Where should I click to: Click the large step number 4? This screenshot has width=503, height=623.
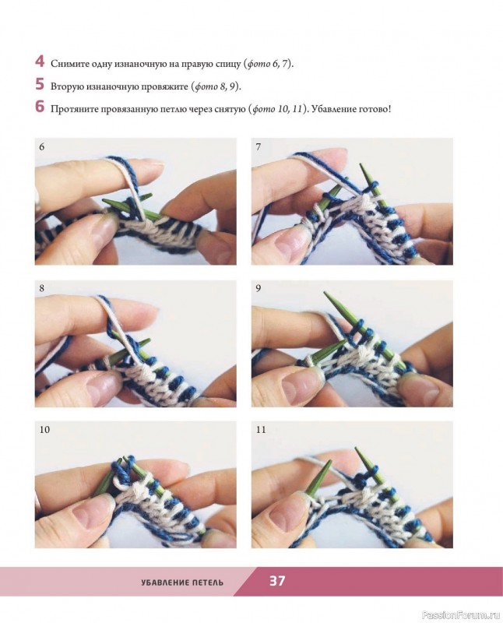point(40,62)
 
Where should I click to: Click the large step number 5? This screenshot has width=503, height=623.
point(40,84)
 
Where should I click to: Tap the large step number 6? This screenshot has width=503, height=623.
point(40,107)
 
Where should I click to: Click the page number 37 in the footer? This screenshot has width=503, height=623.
point(277,581)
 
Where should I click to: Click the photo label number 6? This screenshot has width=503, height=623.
point(42,146)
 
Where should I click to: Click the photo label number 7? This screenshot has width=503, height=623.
point(259,146)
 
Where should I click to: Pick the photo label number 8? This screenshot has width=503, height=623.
point(42,288)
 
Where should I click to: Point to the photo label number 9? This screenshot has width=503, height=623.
point(259,288)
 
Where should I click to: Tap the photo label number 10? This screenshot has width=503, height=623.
point(44,430)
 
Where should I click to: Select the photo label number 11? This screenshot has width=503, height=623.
point(261,430)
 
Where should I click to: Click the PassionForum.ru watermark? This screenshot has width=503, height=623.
point(460,615)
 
